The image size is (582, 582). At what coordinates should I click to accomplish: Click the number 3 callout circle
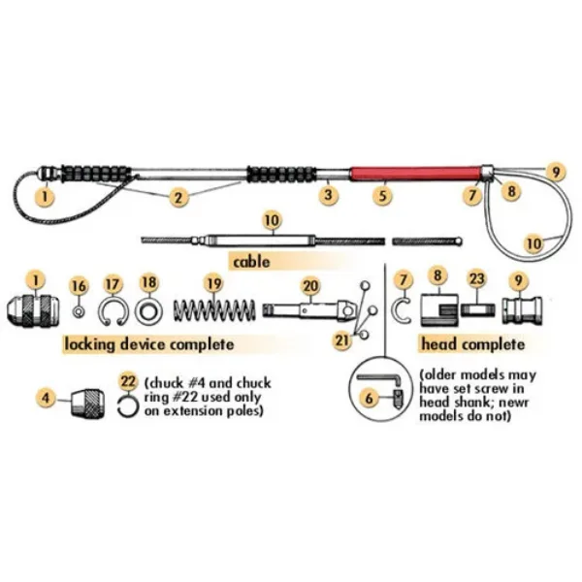330,195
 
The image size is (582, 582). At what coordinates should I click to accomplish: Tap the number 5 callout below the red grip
384,195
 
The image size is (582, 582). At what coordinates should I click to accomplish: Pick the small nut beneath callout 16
80,311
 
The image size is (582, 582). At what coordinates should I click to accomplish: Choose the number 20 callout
310,285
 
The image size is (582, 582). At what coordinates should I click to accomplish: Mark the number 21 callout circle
342,339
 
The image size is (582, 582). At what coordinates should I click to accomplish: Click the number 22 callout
127,380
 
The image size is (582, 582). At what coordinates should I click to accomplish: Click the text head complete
472,344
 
